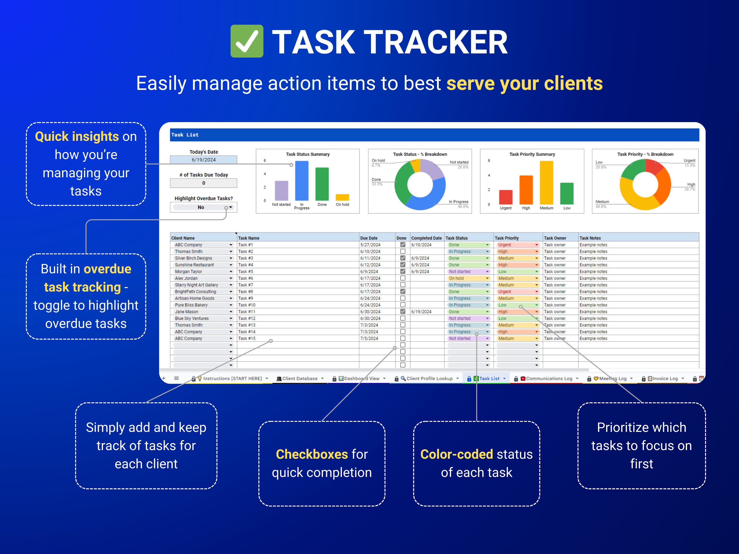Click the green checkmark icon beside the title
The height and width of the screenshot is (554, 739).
pyautogui.click(x=247, y=41)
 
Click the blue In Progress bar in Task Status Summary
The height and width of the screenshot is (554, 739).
pyautogui.click(x=302, y=181)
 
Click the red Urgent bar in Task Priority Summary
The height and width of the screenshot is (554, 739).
pyautogui.click(x=505, y=197)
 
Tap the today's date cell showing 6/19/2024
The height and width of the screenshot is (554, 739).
pyautogui.click(x=203, y=160)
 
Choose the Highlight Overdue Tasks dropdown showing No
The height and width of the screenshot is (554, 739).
pyautogui.click(x=203, y=207)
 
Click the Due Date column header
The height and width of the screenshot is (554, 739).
pyautogui.click(x=369, y=238)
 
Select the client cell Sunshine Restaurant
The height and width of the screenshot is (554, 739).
pyautogui.click(x=194, y=265)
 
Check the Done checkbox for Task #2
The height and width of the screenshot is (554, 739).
pyautogui.click(x=403, y=251)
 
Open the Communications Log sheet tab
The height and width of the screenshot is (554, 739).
pyautogui.click(x=549, y=378)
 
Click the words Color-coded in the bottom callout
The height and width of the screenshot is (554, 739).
pyautogui.click(x=456, y=454)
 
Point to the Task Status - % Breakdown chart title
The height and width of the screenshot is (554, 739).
pyautogui.click(x=420, y=154)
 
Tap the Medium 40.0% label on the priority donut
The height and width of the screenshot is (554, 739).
pyautogui.click(x=602, y=204)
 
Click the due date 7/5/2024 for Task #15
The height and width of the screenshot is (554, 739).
pyautogui.click(x=369, y=338)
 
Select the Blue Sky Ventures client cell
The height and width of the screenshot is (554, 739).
pyautogui.click(x=192, y=318)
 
